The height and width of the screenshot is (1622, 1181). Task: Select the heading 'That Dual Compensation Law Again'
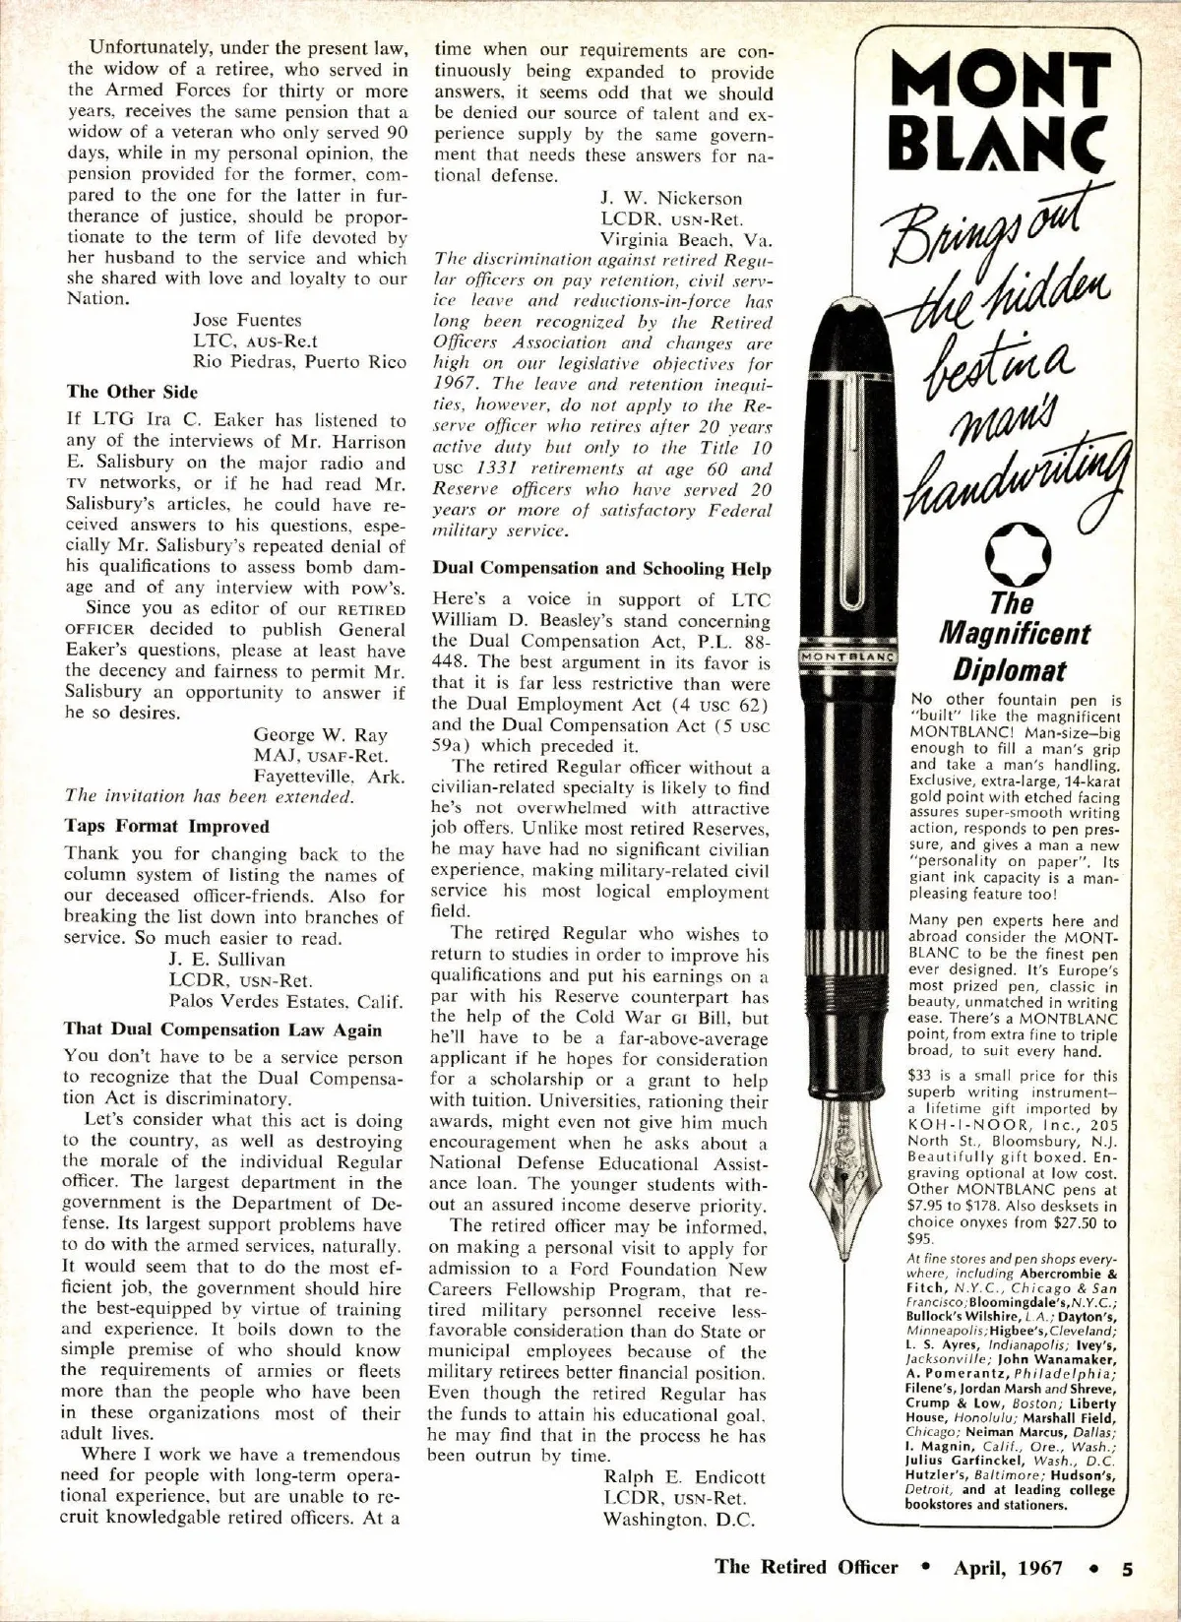[222, 1029]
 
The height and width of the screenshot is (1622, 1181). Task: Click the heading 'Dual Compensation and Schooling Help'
[602, 569]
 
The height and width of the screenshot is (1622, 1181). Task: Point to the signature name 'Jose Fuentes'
[247, 320]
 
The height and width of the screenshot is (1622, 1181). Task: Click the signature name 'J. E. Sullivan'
[226, 959]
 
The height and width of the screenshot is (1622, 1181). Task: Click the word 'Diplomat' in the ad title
[1008, 671]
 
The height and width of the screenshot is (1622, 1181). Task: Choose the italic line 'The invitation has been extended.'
[210, 796]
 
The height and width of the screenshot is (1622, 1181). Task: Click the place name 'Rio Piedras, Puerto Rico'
[299, 361]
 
